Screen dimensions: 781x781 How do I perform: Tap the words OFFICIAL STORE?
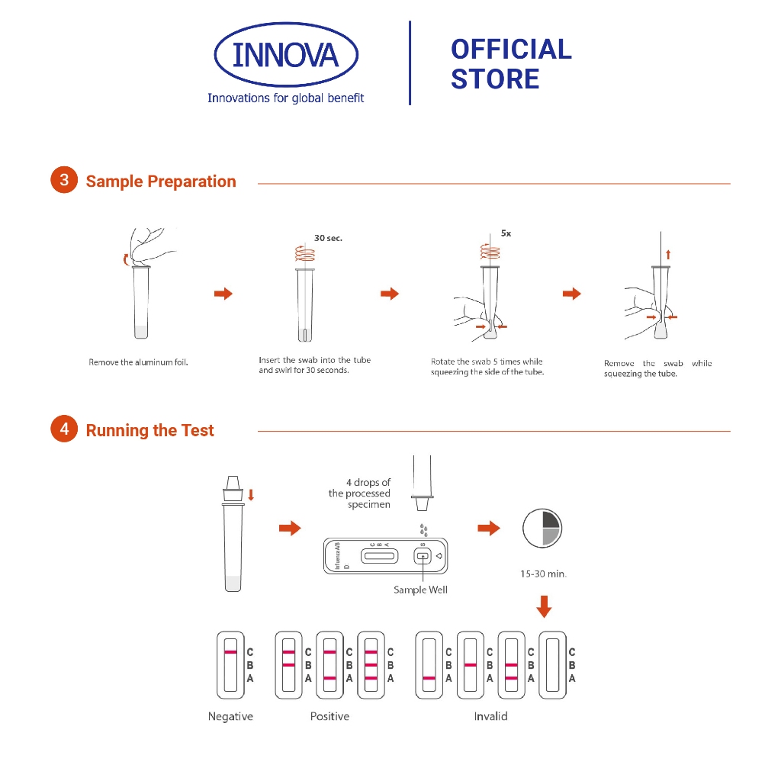510,64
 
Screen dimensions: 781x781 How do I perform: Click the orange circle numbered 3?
64,181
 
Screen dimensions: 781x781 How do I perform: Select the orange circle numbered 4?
64,429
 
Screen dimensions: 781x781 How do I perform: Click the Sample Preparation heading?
161,182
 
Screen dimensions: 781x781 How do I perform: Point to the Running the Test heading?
149,430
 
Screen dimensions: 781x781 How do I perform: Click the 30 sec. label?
329,238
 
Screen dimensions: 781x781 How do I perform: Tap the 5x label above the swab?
506,234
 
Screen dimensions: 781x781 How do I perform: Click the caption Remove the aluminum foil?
138,362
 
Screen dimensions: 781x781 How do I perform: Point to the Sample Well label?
420,590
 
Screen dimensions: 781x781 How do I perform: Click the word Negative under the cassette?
230,716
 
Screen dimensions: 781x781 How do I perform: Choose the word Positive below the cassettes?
329,716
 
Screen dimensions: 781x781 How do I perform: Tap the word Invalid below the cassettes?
490,716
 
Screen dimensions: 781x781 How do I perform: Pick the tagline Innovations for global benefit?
286,98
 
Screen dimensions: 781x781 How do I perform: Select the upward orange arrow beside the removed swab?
669,254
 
